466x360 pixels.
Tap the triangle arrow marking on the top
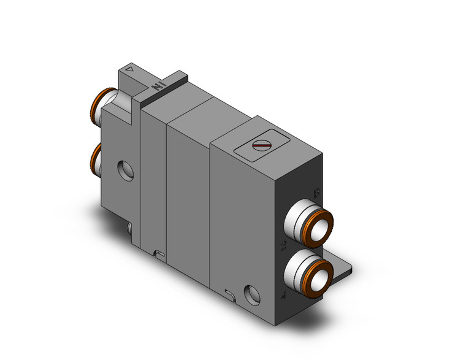coord(129,69)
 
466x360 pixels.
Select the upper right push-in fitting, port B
coord(313,221)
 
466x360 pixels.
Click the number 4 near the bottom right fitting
coord(283,296)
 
